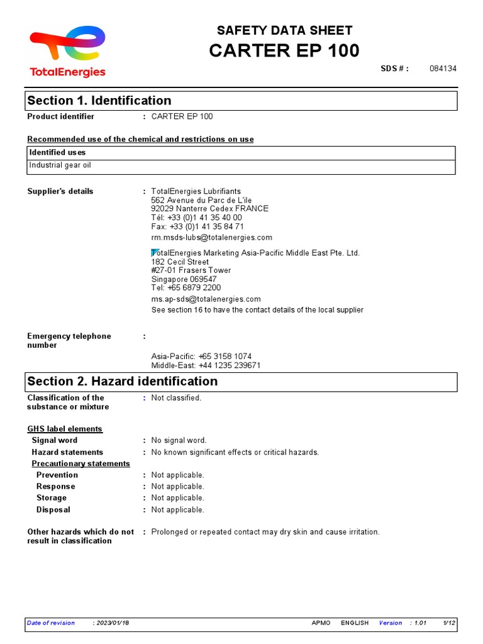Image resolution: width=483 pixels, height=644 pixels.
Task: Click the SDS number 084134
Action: (x=443, y=69)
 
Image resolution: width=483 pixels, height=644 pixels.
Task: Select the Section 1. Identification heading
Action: (x=99, y=101)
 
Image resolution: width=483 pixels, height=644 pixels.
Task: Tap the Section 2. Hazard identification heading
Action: (x=123, y=381)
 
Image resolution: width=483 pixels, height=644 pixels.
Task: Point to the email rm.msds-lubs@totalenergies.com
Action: (x=211, y=237)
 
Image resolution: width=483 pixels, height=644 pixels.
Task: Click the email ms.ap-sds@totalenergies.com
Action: (x=206, y=299)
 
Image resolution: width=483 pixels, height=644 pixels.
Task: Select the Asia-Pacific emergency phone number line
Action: (x=201, y=356)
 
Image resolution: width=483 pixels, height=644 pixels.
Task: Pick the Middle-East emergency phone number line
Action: (x=206, y=365)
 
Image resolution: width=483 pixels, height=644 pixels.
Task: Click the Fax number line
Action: (x=197, y=226)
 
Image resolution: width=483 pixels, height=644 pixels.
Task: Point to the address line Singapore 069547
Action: (x=184, y=279)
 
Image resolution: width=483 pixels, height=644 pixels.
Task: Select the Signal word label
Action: (x=55, y=440)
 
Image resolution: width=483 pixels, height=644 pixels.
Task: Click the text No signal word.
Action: (x=179, y=440)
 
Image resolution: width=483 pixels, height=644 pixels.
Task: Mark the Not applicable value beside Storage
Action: (x=177, y=497)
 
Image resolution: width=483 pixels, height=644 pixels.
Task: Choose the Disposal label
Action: (x=53, y=509)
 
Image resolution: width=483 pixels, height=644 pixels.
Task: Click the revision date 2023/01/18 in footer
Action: (x=112, y=623)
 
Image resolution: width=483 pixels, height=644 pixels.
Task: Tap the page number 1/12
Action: (x=449, y=623)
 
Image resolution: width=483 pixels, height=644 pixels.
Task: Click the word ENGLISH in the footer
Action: (x=355, y=623)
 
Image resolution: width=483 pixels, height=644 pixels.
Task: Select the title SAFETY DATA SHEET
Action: (x=284, y=30)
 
